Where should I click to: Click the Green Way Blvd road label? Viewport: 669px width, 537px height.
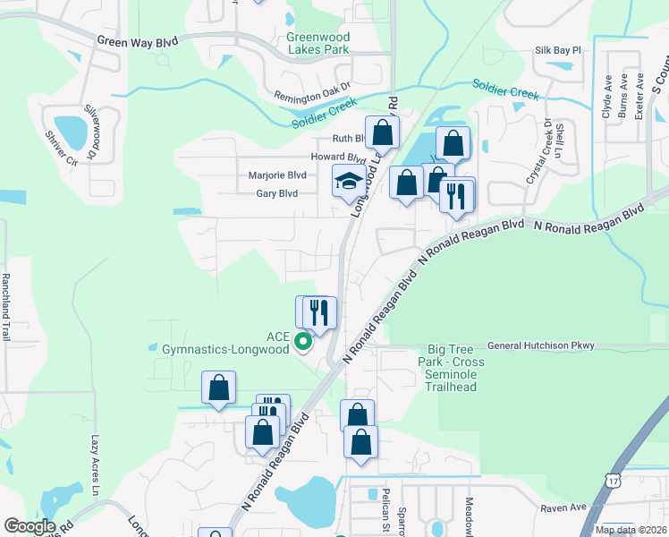(x=137, y=42)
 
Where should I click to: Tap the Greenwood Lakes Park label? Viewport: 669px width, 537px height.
(x=318, y=44)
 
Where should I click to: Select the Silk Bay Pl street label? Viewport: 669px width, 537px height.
(x=558, y=52)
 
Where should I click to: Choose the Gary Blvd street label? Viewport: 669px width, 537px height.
(x=276, y=193)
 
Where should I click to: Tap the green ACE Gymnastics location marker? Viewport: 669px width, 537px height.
(x=303, y=340)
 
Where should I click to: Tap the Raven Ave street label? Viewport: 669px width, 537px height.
(x=563, y=507)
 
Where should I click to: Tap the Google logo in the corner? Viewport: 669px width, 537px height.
(x=29, y=526)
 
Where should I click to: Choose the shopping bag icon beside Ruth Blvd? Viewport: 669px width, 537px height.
(x=382, y=132)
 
